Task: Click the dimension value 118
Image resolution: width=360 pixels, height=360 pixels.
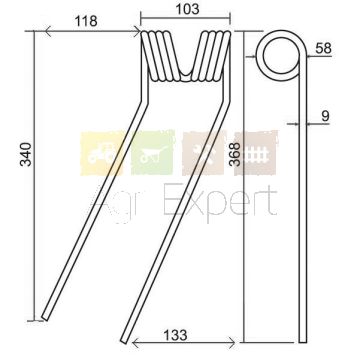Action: [x=86, y=21]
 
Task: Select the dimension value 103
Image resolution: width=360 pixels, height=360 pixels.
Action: [x=187, y=9]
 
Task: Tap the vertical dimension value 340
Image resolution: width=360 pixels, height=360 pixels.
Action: [x=26, y=154]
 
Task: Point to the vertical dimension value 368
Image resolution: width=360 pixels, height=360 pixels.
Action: [x=235, y=154]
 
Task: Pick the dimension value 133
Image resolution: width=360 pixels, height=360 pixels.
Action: [x=175, y=335]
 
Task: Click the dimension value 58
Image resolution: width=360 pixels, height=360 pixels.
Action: [x=323, y=48]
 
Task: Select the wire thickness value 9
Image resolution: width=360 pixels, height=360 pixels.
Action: [x=325, y=116]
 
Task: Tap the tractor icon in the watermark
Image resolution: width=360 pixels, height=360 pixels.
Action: [x=101, y=154]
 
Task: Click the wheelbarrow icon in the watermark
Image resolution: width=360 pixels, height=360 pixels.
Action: [x=153, y=154]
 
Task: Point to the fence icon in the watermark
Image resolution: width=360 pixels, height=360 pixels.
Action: [x=255, y=154]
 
